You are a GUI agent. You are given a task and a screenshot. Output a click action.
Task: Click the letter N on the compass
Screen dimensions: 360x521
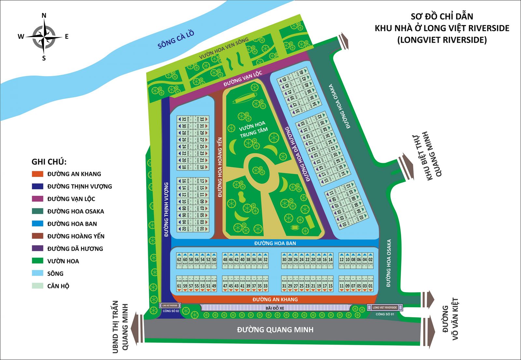click(44, 16)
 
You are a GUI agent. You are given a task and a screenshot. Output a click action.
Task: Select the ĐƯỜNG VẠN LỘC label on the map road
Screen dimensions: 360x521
click(243, 79)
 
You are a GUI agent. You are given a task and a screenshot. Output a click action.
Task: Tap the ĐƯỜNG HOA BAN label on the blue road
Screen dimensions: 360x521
click(275, 243)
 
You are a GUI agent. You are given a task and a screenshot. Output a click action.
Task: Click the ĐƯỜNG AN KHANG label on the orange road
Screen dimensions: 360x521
click(275, 299)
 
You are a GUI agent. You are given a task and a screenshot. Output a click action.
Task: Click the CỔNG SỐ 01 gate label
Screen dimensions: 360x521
click(385, 314)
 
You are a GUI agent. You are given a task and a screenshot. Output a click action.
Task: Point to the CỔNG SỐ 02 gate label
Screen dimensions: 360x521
click(171, 311)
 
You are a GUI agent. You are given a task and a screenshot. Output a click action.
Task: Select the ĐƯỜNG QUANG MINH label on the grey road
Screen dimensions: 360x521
click(275, 330)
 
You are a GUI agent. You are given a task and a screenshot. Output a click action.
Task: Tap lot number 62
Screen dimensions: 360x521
click(179, 260)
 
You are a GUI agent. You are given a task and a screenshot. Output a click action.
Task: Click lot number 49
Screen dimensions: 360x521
click(214, 286)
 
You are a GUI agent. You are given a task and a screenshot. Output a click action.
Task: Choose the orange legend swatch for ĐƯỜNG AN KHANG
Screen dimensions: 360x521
click(37, 174)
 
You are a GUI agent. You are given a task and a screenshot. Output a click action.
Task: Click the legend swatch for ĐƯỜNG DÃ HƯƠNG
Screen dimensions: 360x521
click(37, 249)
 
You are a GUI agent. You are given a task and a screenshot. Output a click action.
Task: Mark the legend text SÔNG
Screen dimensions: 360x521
click(55, 274)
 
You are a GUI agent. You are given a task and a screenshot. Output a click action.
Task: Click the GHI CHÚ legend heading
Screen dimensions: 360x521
click(49, 162)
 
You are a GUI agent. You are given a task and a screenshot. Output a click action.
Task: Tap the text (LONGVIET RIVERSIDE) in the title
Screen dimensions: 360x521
click(442, 40)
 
